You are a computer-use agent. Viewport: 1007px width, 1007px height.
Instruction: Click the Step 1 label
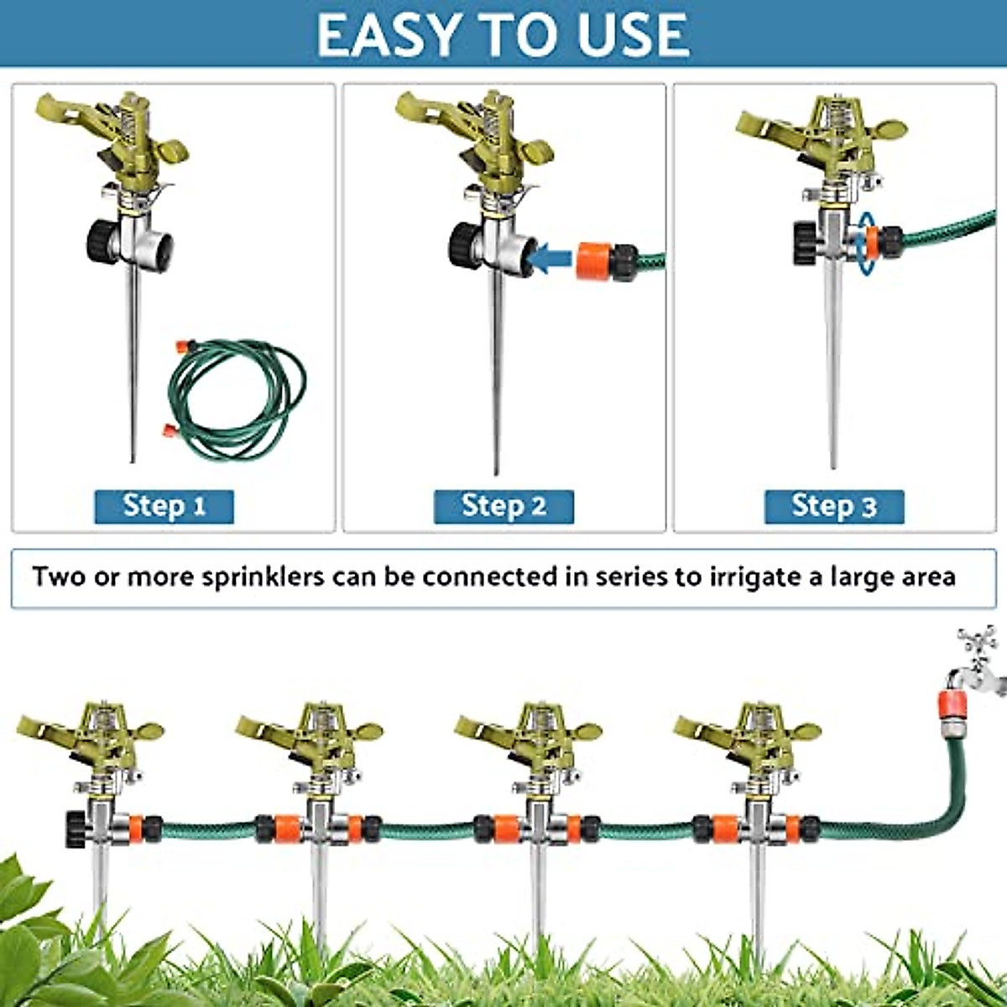(164, 506)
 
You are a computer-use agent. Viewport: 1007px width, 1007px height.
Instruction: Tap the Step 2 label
(503, 506)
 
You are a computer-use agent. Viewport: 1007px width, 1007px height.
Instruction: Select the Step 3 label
(834, 506)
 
